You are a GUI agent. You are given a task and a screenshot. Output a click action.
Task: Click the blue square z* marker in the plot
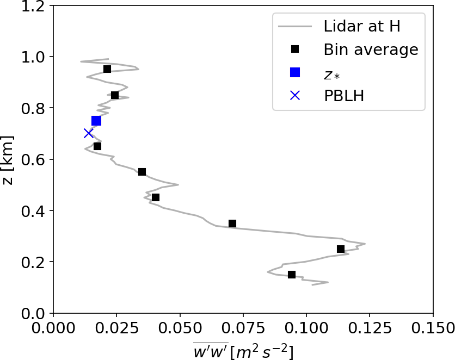(x=96, y=121)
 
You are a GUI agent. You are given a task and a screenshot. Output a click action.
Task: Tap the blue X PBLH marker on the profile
(x=88, y=133)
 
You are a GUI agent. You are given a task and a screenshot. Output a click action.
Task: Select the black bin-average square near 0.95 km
(x=107, y=69)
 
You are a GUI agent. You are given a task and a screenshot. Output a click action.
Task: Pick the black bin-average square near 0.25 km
(x=341, y=249)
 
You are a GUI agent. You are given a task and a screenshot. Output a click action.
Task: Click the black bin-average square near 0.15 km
(x=292, y=275)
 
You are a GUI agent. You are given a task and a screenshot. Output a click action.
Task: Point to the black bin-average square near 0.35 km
(x=232, y=224)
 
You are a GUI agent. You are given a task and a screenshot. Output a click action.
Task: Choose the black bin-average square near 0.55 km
(x=142, y=172)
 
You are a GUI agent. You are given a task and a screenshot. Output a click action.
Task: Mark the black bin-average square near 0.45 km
(x=156, y=197)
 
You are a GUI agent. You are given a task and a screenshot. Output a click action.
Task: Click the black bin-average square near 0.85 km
(x=115, y=95)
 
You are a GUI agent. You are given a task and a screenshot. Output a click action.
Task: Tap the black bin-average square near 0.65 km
(x=97, y=146)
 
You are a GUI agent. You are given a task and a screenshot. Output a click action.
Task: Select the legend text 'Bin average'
(x=371, y=49)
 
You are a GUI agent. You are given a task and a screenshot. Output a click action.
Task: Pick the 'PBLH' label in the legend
(x=343, y=96)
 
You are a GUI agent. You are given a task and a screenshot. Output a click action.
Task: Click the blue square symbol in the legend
(x=295, y=72)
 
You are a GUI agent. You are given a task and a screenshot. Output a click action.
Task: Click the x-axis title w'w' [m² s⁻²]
(x=243, y=351)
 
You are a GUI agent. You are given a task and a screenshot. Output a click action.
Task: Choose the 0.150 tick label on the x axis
(x=433, y=328)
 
